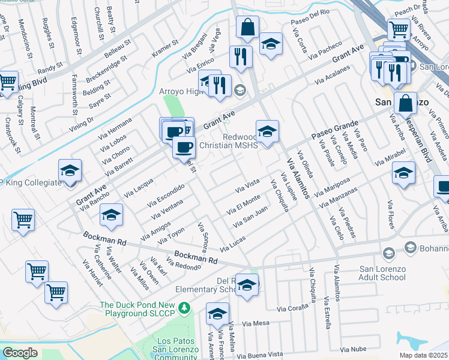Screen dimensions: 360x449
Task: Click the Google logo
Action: pos(20,353)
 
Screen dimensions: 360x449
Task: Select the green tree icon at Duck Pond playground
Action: pos(185,308)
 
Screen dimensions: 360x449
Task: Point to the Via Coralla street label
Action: pos(292,308)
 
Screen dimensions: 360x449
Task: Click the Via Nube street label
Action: pos(352,349)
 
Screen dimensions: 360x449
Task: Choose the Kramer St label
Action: pos(166,50)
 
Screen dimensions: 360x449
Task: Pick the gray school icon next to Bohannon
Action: pos(411,247)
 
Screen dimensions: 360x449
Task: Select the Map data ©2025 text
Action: pos(423,355)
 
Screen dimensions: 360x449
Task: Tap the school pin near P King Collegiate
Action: pos(70,171)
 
